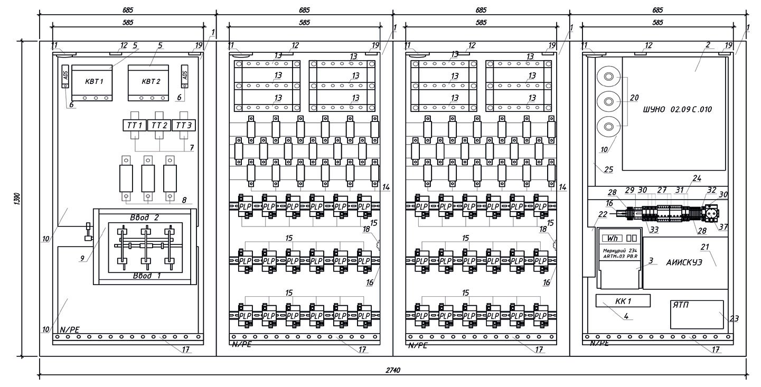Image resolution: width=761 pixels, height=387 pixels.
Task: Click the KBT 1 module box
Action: pos(91,82)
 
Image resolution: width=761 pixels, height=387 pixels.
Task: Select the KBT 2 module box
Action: pos(148,82)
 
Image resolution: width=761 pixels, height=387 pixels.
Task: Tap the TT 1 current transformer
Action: pos(135,125)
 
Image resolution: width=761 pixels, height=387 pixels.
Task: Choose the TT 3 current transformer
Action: pos(183,125)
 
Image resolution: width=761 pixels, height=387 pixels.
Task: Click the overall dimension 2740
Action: pos(392,370)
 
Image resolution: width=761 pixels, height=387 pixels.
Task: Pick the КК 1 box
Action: pos(623,301)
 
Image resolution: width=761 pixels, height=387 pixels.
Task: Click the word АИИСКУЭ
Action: pos(684,262)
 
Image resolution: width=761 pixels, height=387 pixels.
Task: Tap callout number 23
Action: pos(734,318)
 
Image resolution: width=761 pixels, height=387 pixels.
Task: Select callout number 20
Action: pos(634,97)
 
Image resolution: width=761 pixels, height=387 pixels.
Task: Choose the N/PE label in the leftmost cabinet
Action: pos(70,329)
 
